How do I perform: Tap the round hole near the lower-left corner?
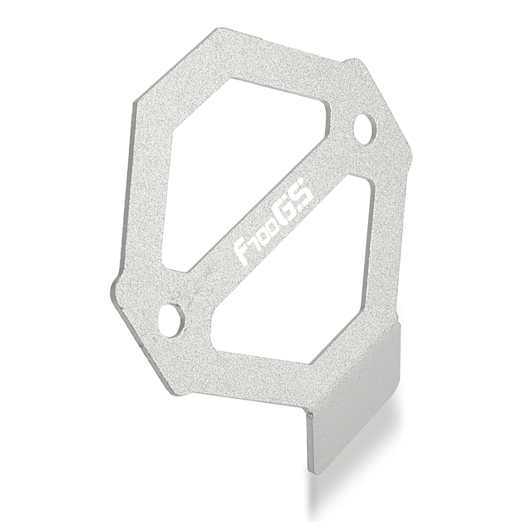172,315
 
